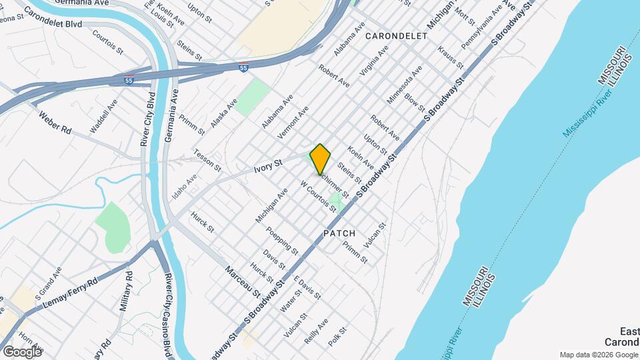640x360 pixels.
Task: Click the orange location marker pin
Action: coord(320,159)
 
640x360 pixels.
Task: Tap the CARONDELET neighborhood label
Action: coord(396,36)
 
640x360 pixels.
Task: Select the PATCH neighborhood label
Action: coord(339,233)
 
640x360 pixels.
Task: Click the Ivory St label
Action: coord(269,163)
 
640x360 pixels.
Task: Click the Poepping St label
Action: coord(281,241)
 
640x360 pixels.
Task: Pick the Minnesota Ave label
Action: coord(405,85)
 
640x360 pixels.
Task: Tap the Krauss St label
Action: coord(451,57)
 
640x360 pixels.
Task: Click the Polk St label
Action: coord(338,336)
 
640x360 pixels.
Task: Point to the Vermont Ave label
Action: coord(293,121)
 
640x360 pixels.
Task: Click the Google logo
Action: coord(22,351)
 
